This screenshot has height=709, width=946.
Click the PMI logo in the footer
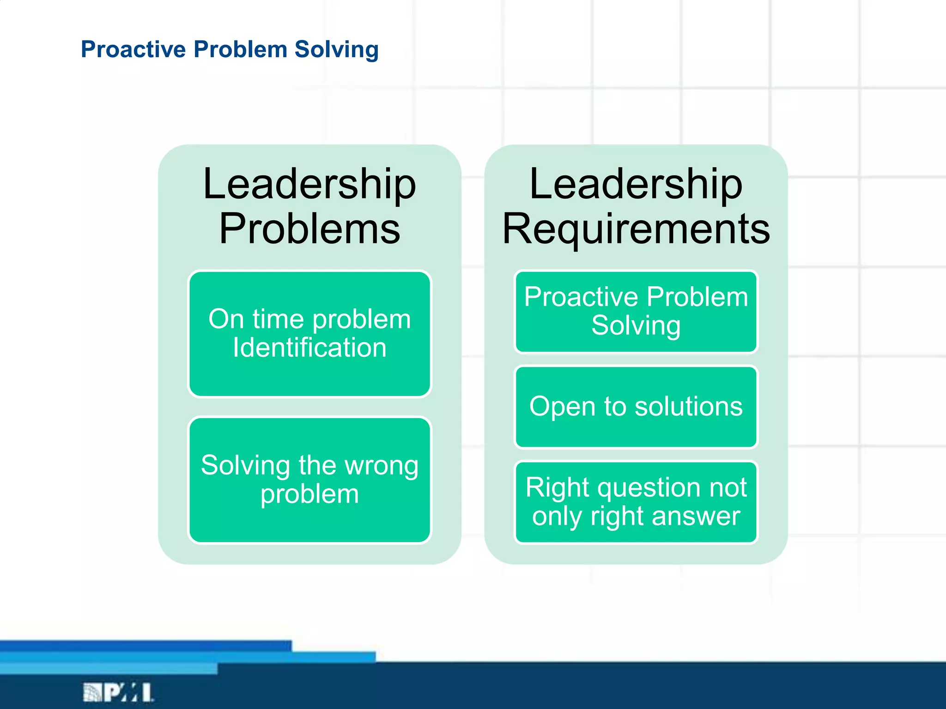(118, 692)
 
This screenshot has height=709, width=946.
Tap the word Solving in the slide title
(336, 50)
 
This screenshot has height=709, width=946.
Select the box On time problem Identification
(309, 333)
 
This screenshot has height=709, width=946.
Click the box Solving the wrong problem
(309, 480)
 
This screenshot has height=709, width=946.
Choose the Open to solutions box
(636, 407)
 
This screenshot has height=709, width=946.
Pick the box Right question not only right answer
(636, 502)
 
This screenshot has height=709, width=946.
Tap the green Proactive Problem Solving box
(636, 312)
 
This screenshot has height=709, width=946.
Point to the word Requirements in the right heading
(636, 229)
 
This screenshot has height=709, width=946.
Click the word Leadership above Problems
(309, 184)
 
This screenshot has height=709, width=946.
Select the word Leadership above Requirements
(636, 184)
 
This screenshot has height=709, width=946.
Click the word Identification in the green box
(309, 348)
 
